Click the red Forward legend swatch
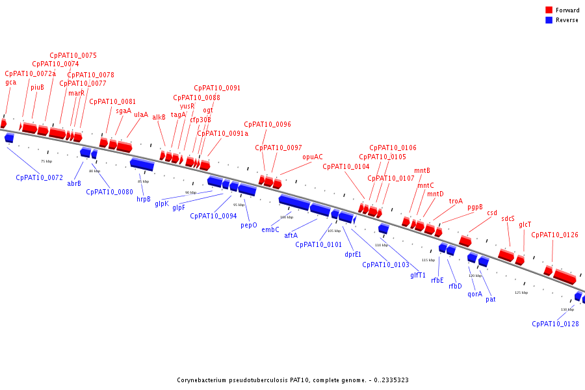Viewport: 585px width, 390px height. [x=549, y=10]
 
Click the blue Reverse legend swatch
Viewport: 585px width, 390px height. [x=549, y=20]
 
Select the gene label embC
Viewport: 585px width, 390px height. [x=270, y=229]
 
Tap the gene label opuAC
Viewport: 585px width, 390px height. [x=313, y=157]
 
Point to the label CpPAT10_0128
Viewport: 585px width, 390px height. [x=555, y=324]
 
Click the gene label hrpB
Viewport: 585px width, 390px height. [x=144, y=200]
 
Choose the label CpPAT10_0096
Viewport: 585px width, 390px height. [x=267, y=124]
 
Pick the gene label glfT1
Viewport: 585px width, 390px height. [x=418, y=275]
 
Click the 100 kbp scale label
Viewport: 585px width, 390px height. [x=287, y=217]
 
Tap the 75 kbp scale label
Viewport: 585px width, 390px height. [x=46, y=161]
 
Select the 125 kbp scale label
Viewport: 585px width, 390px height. [x=521, y=292]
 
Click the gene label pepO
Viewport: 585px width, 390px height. [x=249, y=226]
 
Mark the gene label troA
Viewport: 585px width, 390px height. [x=456, y=201]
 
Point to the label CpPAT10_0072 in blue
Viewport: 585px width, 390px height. [x=39, y=177]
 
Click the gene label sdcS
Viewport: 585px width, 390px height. [x=508, y=219]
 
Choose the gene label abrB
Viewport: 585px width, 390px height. [x=74, y=183]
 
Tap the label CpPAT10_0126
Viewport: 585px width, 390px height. [x=554, y=235]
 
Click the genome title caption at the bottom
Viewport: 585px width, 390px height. [x=292, y=380]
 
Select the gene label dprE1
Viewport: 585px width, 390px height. [x=353, y=255]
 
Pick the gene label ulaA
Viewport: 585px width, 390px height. [x=141, y=115]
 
